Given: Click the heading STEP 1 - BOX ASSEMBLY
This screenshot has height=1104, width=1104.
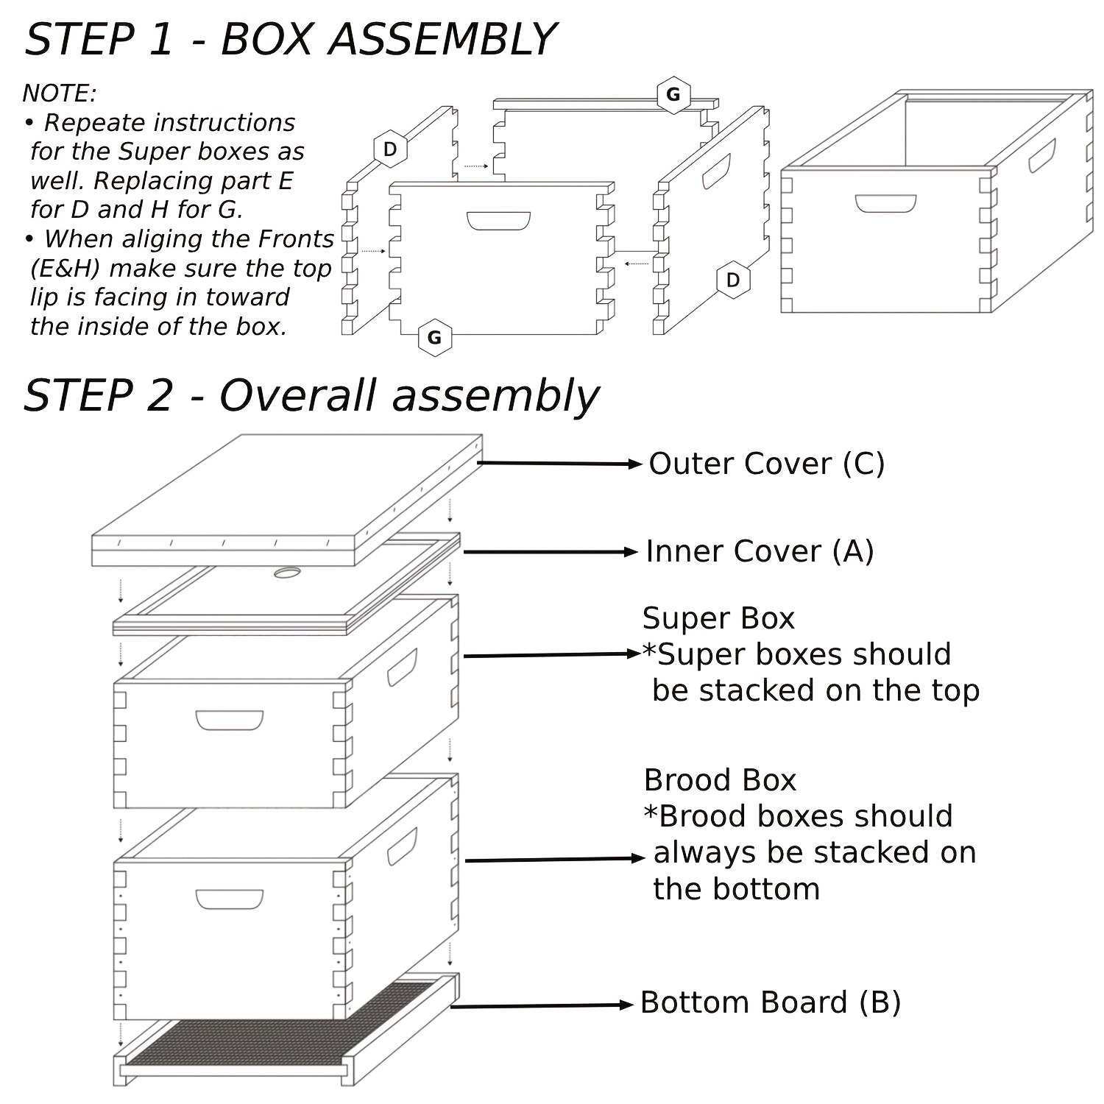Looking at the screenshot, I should click(x=289, y=39).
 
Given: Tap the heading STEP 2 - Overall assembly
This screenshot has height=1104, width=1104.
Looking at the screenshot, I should click(x=311, y=395).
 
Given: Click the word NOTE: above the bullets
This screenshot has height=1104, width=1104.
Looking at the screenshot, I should click(x=60, y=93).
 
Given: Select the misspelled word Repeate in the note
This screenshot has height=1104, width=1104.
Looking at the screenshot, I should click(x=88, y=122).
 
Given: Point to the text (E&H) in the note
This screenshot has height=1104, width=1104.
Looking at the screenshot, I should click(x=65, y=268).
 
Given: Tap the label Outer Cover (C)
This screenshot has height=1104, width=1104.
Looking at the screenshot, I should click(x=766, y=464).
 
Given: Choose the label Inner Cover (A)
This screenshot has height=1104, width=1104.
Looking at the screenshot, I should click(x=760, y=551).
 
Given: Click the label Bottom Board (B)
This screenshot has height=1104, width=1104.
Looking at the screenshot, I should click(x=770, y=1002).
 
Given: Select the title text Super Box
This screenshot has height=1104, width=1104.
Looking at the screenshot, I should click(x=718, y=618).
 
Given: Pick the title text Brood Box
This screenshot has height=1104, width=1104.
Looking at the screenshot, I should click(x=720, y=780).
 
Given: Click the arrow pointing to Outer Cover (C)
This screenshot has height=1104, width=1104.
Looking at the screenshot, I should click(x=559, y=464).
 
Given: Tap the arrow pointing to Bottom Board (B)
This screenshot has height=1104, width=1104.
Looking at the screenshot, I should click(x=542, y=1005).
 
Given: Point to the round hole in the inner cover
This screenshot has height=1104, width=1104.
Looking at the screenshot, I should click(x=287, y=572).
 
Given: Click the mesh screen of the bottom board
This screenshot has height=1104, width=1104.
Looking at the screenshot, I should click(x=280, y=1030).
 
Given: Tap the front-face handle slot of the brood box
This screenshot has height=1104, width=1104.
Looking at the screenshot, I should click(x=229, y=899).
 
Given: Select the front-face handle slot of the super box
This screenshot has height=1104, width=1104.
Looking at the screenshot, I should click(x=229, y=720).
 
